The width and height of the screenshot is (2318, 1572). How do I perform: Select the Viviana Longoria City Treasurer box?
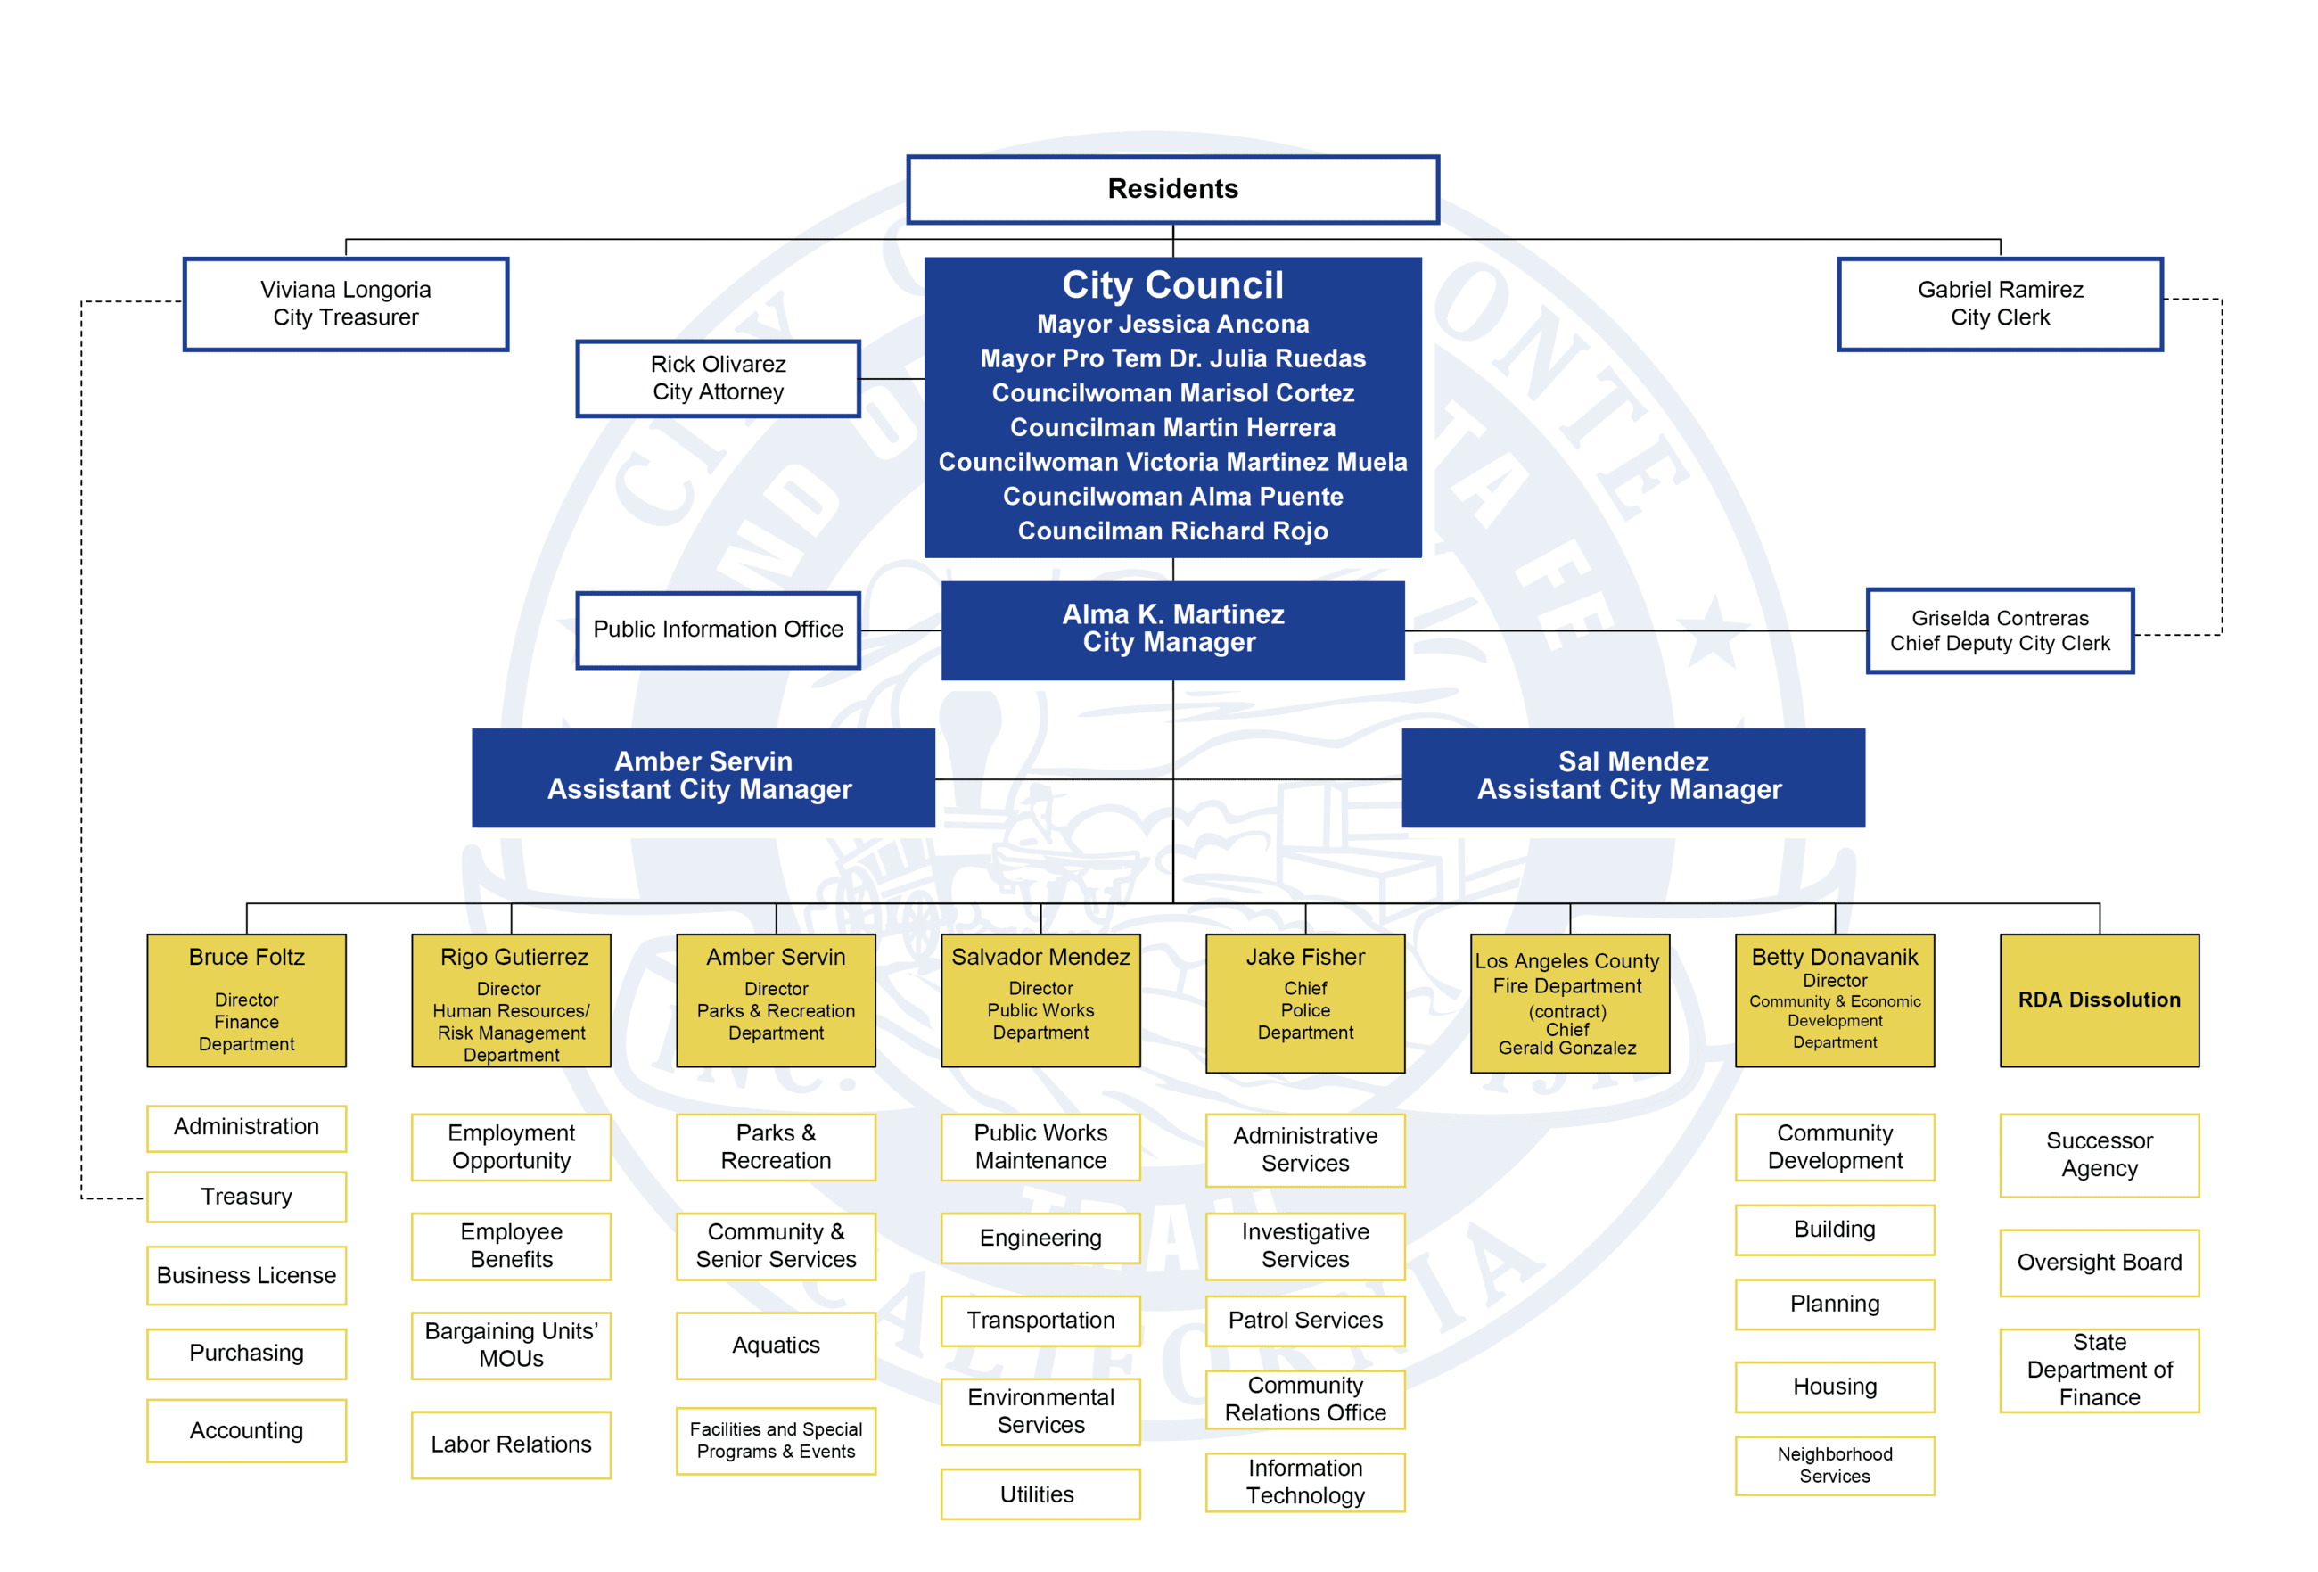(345, 303)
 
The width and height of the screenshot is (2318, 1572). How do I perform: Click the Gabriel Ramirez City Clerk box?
(1999, 303)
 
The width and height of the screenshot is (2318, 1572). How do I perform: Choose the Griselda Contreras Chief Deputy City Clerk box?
(1999, 630)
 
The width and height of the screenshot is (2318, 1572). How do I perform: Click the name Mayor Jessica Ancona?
(1172, 325)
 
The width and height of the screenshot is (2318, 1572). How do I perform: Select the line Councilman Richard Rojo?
(1172, 531)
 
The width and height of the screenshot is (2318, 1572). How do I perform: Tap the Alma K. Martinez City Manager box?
(1172, 629)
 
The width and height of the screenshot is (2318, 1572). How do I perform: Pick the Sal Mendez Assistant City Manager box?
(1632, 776)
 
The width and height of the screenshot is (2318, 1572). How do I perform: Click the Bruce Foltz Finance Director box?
(246, 1000)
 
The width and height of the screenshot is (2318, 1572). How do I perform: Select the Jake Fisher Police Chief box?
(1304, 1001)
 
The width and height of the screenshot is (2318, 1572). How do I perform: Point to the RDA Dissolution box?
(2099, 1000)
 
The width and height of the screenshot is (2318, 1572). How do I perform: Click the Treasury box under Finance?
(246, 1196)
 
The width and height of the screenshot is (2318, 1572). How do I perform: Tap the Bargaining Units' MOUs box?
(511, 1345)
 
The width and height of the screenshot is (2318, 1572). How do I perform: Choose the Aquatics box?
(775, 1345)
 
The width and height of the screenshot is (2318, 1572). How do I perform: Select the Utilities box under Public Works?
(1040, 1494)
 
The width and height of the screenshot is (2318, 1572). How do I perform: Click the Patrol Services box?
(1304, 1320)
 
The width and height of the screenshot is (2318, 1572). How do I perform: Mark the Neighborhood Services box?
(1833, 1464)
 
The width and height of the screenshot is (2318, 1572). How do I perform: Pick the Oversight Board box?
(2099, 1262)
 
